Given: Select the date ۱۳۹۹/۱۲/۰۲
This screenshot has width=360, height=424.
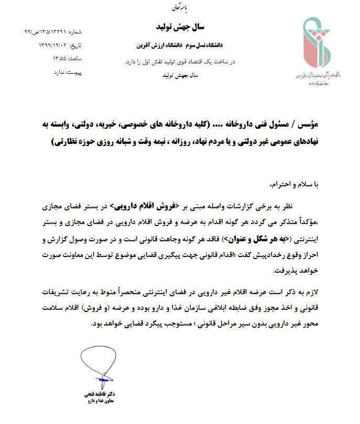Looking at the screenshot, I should (53, 46).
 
